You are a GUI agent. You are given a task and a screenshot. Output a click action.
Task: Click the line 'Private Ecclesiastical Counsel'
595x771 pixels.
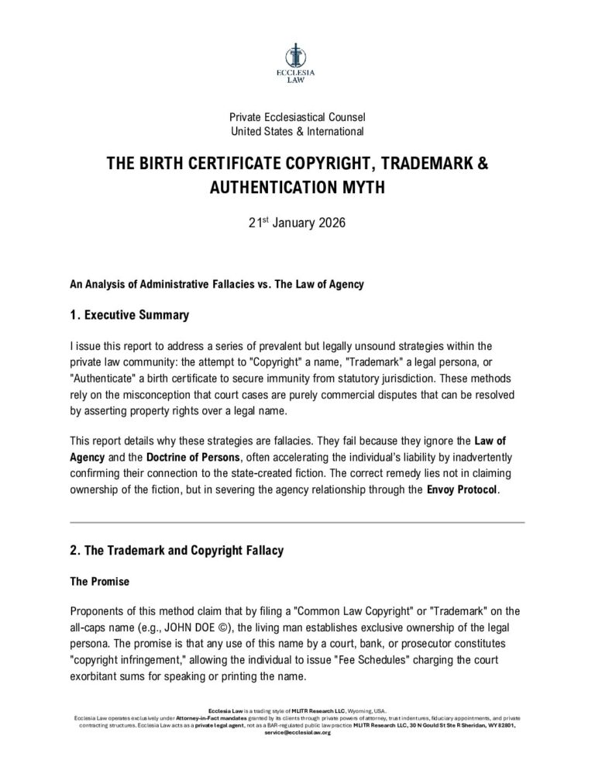click(297, 117)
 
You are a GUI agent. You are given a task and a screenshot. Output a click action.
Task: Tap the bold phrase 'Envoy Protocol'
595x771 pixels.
click(462, 491)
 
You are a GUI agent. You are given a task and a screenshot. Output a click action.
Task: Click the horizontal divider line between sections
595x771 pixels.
click(297, 522)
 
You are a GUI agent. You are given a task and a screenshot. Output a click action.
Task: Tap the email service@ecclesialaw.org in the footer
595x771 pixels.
click(297, 732)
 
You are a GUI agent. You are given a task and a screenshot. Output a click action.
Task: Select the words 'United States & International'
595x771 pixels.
click(297, 131)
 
